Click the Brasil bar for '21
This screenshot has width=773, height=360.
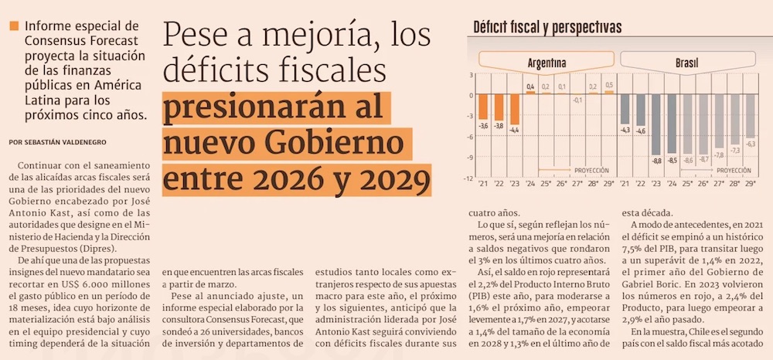(x=625, y=109)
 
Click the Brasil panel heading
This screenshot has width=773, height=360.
(x=688, y=61)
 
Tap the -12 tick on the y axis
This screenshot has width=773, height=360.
(x=468, y=178)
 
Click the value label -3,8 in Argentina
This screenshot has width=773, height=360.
(x=499, y=126)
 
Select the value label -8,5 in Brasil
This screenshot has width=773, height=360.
(x=672, y=160)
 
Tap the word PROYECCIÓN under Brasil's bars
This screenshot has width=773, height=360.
(x=734, y=169)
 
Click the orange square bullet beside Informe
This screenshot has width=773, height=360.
(x=13, y=27)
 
